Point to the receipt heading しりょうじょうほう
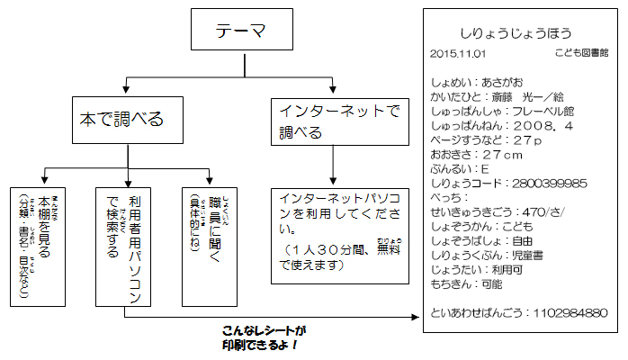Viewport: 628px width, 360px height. tap(521, 33)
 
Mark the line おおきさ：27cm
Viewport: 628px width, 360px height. tap(478, 154)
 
